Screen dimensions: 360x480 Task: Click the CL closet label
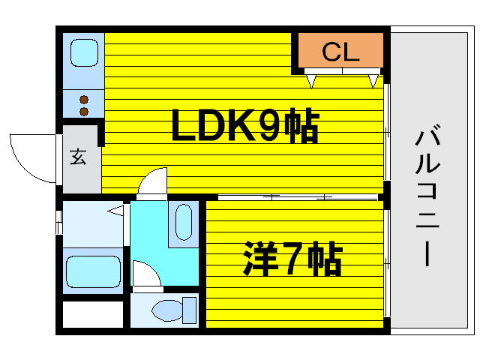[341, 52]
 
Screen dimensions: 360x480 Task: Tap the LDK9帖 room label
[245, 127]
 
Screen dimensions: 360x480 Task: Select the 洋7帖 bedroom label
[292, 259]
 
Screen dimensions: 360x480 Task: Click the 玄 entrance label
[78, 157]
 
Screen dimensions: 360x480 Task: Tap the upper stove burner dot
[83, 99]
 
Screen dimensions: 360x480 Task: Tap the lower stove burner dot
[83, 112]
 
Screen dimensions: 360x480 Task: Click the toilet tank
[188, 309]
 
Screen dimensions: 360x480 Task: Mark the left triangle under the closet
[311, 78]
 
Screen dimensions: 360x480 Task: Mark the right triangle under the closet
[373, 78]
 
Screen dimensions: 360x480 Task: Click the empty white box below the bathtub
[92, 314]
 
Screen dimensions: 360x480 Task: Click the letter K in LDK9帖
[237, 127]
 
